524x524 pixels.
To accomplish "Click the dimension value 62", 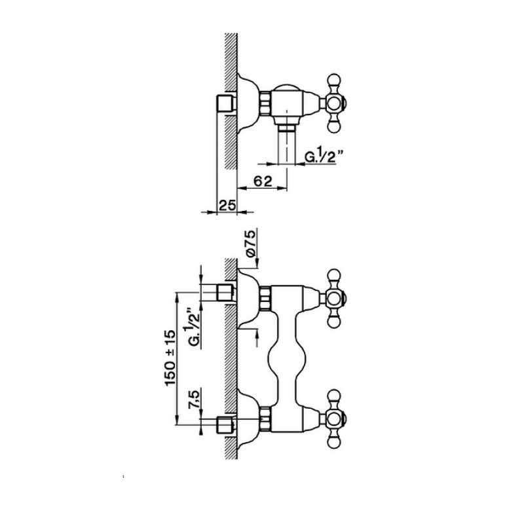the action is click(x=263, y=181).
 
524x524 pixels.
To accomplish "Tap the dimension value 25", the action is click(x=227, y=205).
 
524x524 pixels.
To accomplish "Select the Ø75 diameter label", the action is click(x=252, y=243).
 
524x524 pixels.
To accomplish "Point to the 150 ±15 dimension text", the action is click(x=171, y=358).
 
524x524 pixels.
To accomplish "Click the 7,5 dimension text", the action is click(x=195, y=398).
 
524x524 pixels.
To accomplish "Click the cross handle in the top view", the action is click(x=334, y=104).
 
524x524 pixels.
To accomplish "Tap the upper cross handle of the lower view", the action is click(x=334, y=297).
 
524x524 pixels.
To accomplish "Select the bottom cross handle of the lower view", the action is click(x=334, y=419).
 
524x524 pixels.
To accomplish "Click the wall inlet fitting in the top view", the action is click(x=227, y=105).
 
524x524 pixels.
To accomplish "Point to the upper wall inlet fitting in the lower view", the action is click(x=227, y=292).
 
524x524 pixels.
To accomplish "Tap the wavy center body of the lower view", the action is click(x=287, y=358).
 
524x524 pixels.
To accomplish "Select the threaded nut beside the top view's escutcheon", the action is click(x=266, y=104).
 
